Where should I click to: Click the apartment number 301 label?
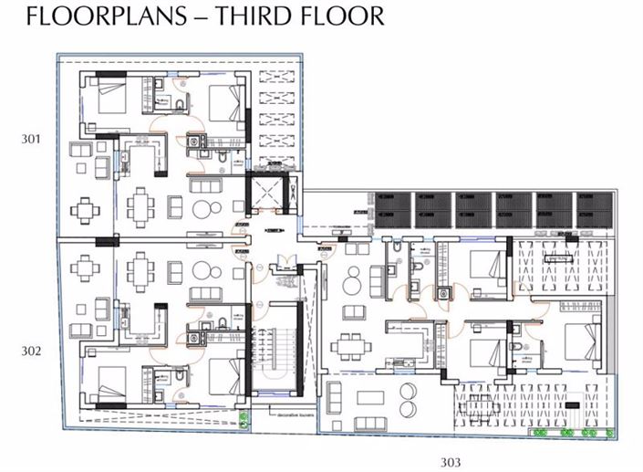point(32,140)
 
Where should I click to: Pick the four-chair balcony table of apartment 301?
point(86,211)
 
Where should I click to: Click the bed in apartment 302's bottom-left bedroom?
point(109,383)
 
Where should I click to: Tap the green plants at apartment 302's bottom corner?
point(244,421)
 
